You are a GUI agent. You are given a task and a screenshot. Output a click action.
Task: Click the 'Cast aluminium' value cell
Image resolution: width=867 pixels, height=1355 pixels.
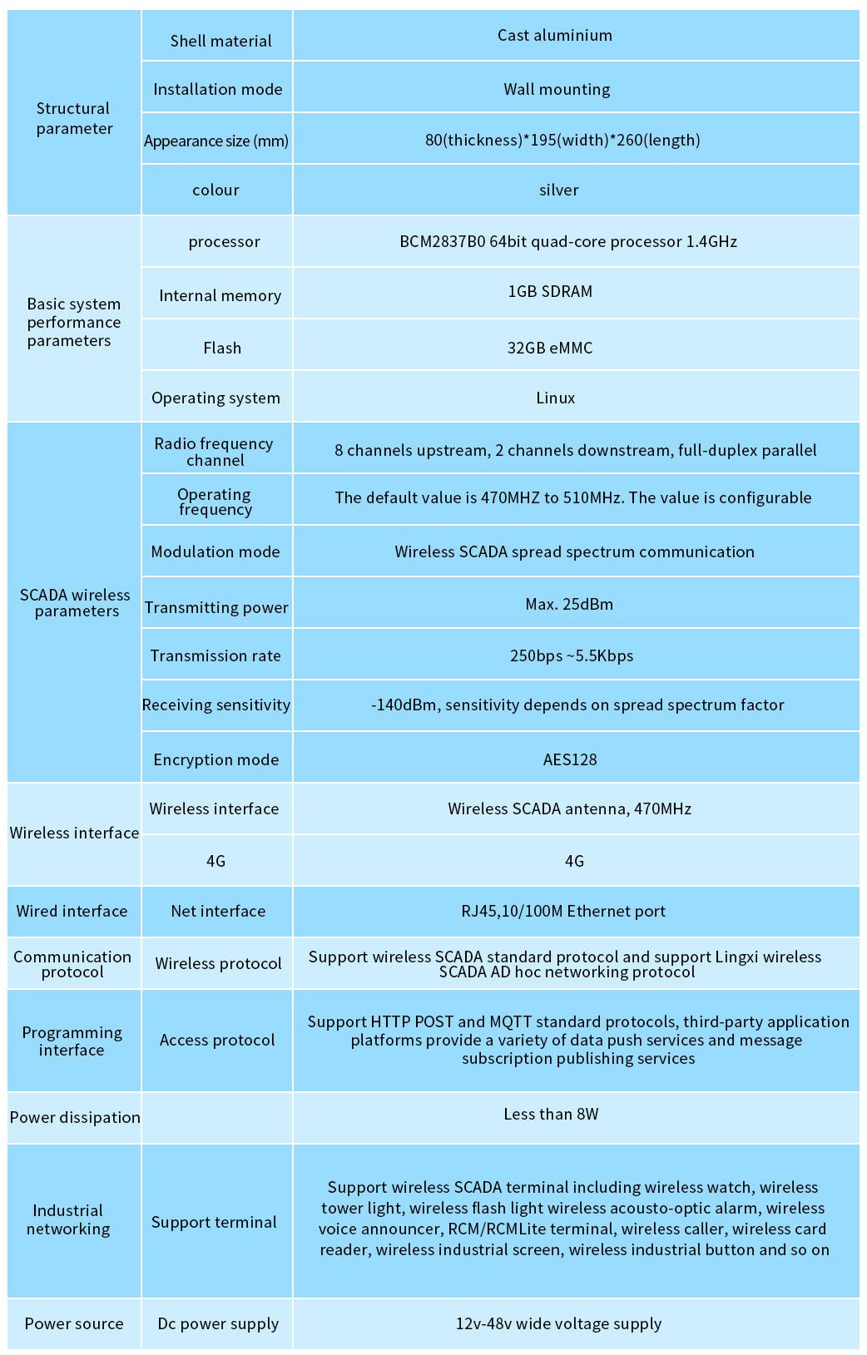(555, 35)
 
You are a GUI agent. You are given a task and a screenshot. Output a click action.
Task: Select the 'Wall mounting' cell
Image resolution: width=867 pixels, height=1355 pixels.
(557, 89)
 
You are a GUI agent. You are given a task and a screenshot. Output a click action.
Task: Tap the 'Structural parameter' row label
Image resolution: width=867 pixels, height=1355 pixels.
(73, 118)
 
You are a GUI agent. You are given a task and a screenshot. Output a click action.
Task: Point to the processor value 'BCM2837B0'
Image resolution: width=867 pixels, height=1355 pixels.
(568, 241)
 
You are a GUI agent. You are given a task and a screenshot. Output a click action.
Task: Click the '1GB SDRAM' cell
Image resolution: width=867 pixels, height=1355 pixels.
(550, 291)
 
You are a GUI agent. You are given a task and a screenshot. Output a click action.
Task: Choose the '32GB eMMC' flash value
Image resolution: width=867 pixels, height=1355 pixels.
(550, 348)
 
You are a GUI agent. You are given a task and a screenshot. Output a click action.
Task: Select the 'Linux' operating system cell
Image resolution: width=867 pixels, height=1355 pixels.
(555, 398)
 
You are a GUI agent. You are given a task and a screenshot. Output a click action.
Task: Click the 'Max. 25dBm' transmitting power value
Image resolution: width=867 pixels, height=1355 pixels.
(569, 604)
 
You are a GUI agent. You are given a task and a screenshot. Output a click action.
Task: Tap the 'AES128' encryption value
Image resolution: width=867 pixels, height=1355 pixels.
(569, 759)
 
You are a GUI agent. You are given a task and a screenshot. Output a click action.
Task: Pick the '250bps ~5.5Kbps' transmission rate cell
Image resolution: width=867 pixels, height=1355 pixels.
(572, 655)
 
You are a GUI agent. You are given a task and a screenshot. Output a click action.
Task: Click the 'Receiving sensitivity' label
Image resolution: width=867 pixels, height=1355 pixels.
(216, 705)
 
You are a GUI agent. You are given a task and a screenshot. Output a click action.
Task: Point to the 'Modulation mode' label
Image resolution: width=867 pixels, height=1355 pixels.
(216, 551)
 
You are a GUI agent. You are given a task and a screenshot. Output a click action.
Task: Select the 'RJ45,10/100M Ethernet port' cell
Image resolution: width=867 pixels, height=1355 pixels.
(563, 911)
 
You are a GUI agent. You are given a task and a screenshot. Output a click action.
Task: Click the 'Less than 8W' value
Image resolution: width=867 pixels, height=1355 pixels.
(551, 1114)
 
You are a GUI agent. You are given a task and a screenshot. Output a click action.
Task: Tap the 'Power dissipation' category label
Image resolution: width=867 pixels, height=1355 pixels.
(75, 1117)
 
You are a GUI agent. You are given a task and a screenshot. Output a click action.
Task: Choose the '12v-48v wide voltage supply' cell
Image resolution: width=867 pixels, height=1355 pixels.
(558, 1323)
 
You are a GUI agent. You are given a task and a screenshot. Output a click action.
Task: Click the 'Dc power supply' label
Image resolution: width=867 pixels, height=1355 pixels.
(218, 1323)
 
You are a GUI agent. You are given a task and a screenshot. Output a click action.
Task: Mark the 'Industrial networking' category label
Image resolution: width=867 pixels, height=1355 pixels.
(68, 1219)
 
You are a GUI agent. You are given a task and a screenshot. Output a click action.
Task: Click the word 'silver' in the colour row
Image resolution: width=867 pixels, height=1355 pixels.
(558, 190)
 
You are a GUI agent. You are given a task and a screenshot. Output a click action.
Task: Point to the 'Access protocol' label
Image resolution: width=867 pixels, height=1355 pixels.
(217, 1040)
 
